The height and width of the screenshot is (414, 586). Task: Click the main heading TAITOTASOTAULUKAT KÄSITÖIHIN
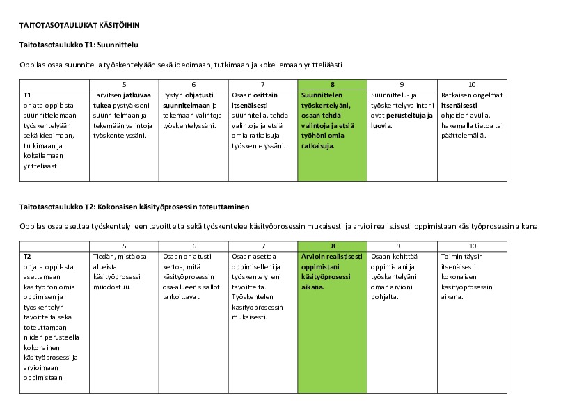[x=79, y=25]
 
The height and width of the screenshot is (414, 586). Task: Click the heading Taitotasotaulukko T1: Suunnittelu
[x=79, y=45]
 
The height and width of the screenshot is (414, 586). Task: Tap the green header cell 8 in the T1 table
[x=333, y=84]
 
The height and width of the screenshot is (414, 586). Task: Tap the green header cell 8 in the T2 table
[x=333, y=246]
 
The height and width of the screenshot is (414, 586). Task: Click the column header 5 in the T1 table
[x=125, y=84]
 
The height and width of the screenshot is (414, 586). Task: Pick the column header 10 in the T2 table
[x=472, y=246]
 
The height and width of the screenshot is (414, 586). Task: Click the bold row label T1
[x=27, y=94]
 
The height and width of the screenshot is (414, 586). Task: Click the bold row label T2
[x=27, y=256]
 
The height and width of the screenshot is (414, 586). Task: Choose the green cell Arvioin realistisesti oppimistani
[x=332, y=271]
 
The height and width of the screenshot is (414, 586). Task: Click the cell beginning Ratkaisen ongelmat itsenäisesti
[x=472, y=114]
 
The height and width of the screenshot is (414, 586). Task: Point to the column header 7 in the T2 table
[x=263, y=246]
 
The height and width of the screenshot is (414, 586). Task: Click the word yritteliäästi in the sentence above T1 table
[x=321, y=65]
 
